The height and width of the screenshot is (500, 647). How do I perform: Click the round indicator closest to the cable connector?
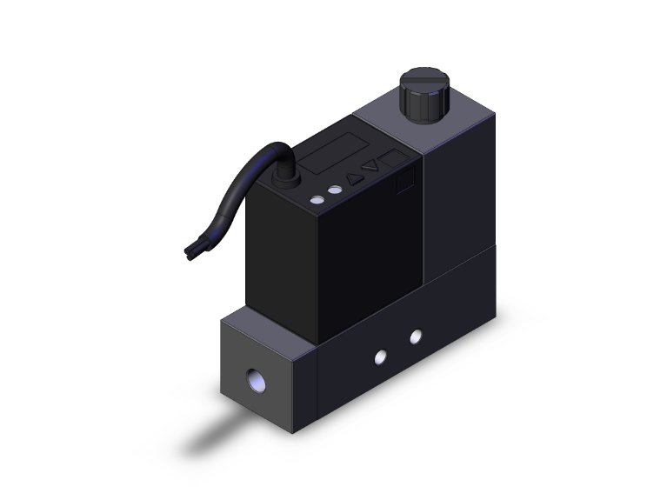point(316,200)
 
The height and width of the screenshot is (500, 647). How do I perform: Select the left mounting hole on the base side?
point(380,357)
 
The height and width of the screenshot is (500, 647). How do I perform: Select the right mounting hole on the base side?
point(416,336)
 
